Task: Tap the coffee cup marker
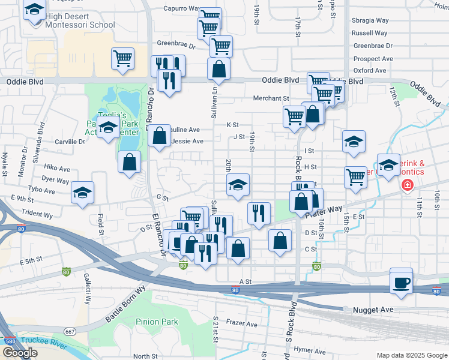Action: coord(401,281)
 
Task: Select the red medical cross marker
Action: coord(408,185)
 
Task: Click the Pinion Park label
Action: coord(157,322)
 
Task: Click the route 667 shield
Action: coord(70,331)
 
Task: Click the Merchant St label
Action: coord(271,98)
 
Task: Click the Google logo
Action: coord(19,352)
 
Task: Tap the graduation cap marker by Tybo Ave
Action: coord(82,193)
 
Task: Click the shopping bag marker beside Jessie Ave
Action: coord(159,136)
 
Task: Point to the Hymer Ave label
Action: coord(310,351)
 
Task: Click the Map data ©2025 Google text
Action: coord(411,355)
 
